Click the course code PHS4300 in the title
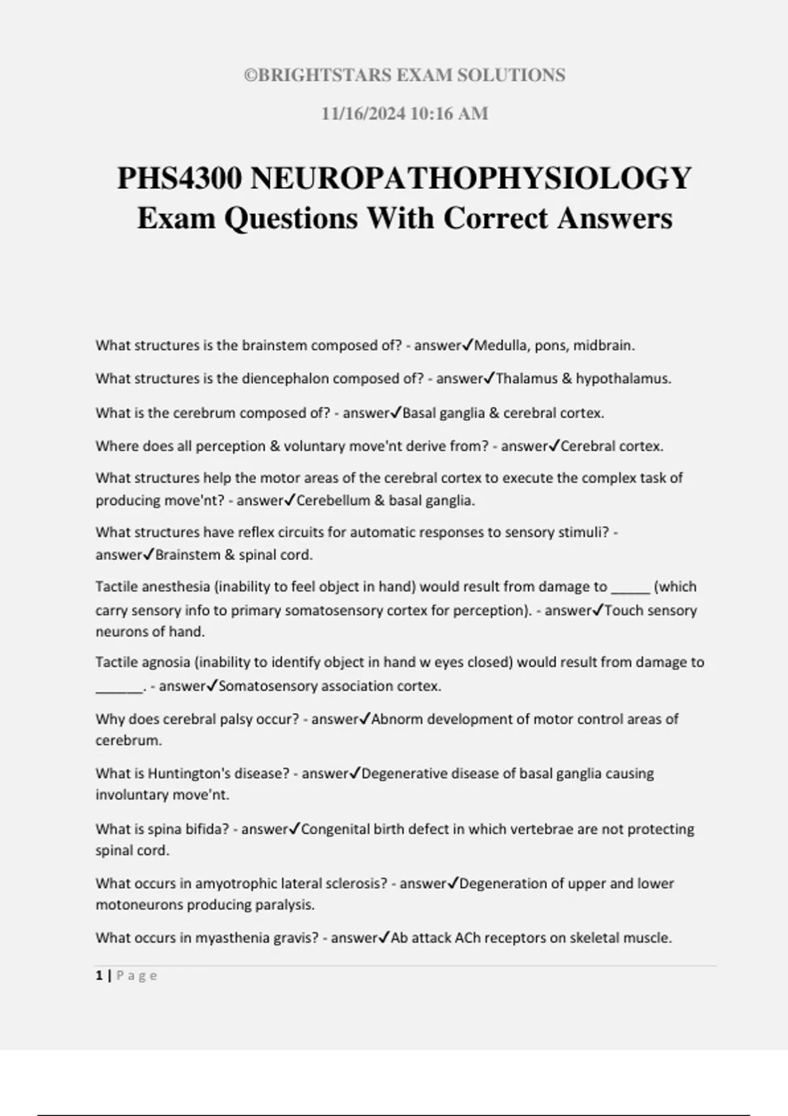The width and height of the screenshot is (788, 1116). click(x=179, y=179)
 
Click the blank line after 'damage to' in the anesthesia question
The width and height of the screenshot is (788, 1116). click(x=630, y=588)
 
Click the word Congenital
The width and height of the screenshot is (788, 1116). click(x=335, y=829)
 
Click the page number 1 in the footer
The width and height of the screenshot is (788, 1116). click(x=99, y=976)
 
